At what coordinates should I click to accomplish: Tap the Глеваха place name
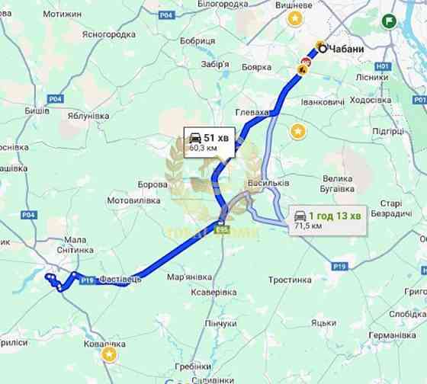253,112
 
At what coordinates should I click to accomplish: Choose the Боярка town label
256,68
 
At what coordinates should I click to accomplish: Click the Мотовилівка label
135,200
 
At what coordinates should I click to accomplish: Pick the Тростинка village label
290,280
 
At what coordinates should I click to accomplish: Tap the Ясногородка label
108,34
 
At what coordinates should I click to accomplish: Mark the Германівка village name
391,334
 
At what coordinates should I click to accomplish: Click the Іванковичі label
323,101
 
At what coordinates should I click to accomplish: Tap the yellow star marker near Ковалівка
110,354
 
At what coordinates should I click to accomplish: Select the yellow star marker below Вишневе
294,21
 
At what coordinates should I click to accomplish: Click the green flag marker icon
390,21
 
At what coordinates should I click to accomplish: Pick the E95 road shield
222,229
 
